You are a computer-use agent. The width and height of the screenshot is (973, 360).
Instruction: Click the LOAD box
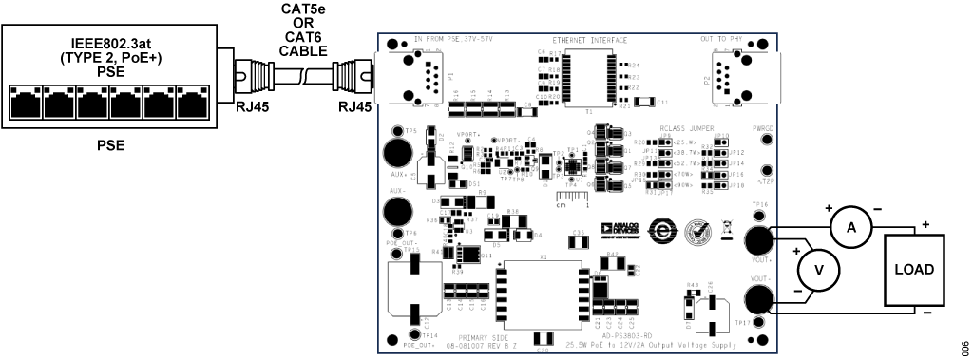[914, 270]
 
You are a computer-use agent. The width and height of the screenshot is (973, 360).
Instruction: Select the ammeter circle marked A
[851, 227]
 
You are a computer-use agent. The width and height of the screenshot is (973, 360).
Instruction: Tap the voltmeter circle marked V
[817, 270]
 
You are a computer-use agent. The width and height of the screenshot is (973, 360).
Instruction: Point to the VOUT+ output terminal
[757, 239]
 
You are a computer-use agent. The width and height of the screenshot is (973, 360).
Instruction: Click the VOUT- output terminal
[757, 300]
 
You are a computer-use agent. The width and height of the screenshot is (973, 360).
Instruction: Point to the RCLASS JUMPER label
[687, 128]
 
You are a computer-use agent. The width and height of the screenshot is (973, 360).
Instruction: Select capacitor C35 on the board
[580, 238]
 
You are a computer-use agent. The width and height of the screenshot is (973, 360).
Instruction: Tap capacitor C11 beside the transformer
[645, 102]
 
